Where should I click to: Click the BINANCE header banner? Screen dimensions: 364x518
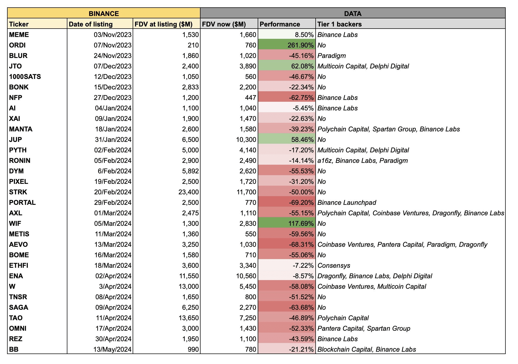coord(104,13)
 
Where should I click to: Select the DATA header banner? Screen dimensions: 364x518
coord(353,13)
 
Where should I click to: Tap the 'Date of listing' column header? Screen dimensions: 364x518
coord(91,24)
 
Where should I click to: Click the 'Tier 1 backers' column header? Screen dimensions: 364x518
coord(339,24)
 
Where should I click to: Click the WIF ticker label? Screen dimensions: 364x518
coord(15,223)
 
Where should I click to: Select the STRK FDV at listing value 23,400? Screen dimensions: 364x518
coord(188,192)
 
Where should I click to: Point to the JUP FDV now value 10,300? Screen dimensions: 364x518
coord(246,140)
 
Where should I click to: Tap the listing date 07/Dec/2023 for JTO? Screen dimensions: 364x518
coord(112,66)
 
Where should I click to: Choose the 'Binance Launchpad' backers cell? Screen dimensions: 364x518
coord(347,202)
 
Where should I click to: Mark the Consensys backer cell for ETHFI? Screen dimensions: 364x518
coord(334,265)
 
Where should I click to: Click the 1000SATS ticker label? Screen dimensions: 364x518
coord(25,77)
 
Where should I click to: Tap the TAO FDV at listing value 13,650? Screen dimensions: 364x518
coord(188,318)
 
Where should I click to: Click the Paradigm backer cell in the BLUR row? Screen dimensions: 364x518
coord(332,56)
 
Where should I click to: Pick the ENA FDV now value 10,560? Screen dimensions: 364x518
coord(246,276)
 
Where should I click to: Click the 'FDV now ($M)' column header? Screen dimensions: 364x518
coord(224,24)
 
